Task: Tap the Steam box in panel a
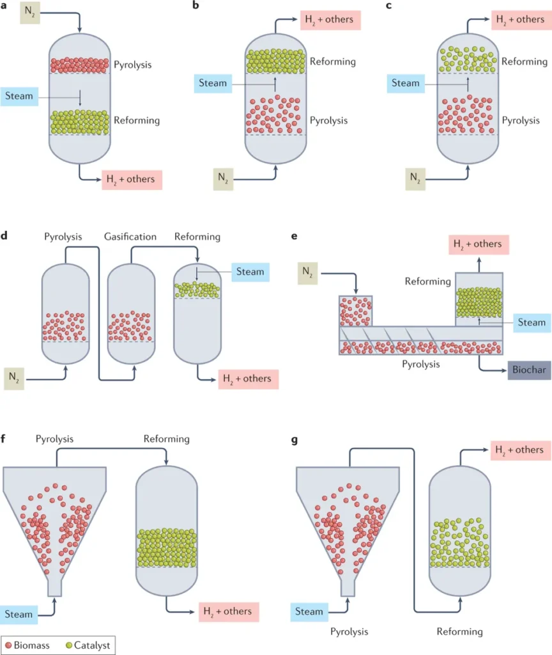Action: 20,97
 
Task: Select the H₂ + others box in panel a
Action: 130,179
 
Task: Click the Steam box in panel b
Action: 213,83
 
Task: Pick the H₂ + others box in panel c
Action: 519,19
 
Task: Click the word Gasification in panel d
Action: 130,237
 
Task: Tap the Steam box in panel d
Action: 250,272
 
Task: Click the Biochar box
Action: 530,370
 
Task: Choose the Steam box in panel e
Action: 532,323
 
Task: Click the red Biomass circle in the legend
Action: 8,645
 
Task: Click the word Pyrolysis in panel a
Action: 134,65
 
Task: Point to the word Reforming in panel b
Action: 332,62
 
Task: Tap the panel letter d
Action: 5,237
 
